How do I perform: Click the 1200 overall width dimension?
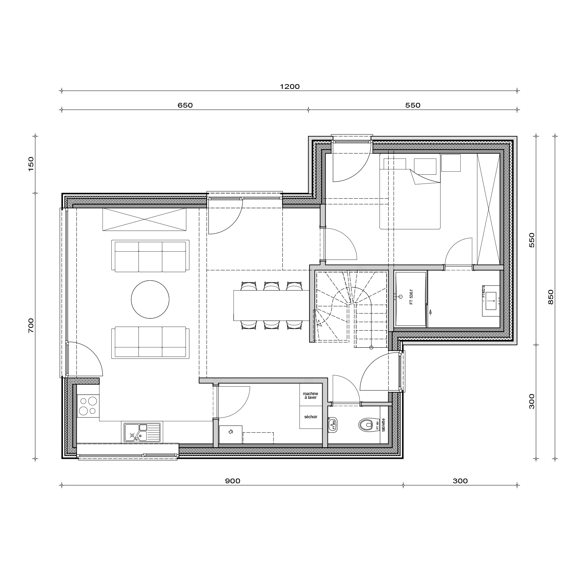pos(289,87)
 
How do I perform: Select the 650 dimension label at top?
pos(185,105)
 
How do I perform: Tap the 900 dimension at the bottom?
pos(232,481)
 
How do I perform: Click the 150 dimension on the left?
pos(31,164)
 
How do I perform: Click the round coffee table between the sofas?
pos(150,299)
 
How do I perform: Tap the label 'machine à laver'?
pos(310,395)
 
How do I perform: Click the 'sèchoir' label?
pos(311,417)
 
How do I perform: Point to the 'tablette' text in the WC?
pos(384,425)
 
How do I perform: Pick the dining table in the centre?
pos(271,305)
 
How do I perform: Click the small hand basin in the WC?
pos(333,425)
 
